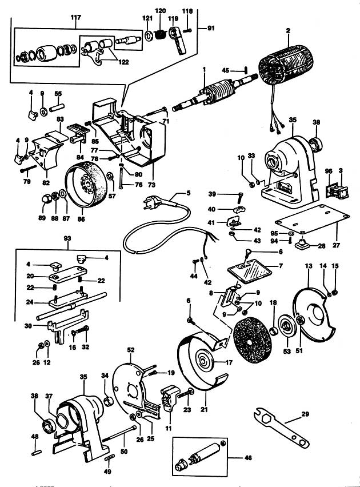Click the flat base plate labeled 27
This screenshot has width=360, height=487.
313,218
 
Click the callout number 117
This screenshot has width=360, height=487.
76,17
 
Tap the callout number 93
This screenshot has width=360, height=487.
67,238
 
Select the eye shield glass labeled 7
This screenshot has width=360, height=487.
250,271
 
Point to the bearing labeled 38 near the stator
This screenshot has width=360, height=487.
316,144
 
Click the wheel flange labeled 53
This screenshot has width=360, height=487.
286,327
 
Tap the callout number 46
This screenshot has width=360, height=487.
248,457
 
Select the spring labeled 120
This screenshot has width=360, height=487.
160,34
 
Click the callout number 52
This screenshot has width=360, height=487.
131,350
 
